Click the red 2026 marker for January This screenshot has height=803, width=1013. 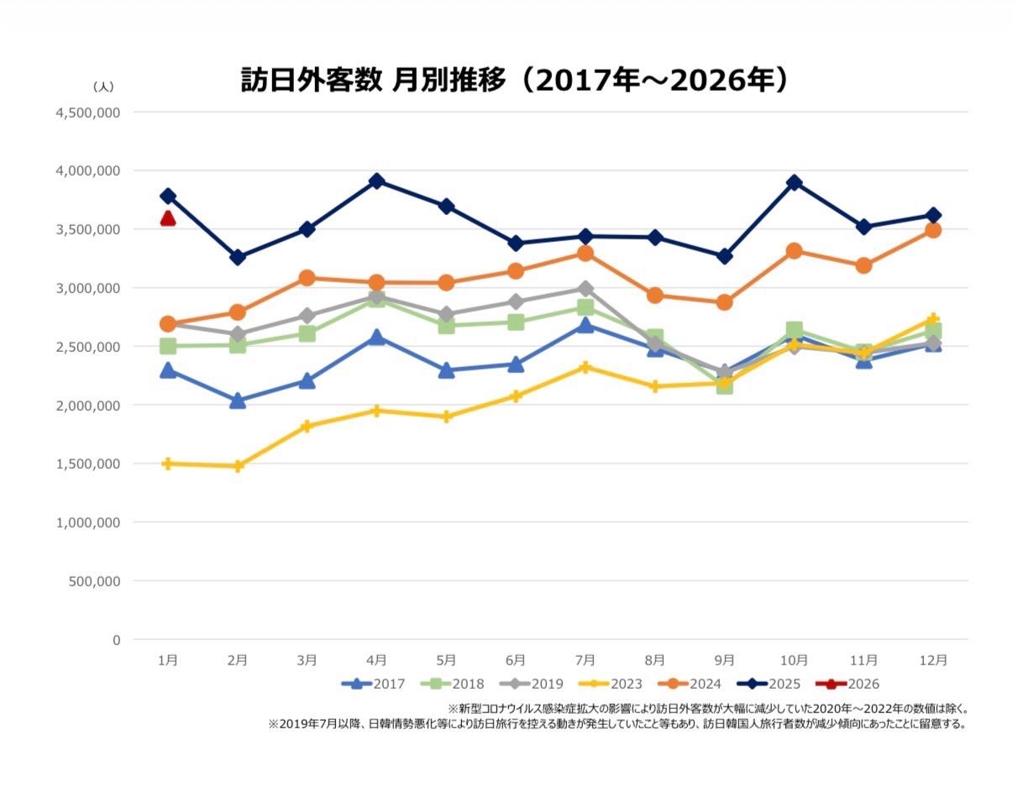point(168,218)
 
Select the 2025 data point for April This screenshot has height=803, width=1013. point(376,181)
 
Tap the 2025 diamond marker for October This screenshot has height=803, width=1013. point(795,182)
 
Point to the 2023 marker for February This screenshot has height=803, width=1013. point(238,466)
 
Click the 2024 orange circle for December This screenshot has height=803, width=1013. point(932,230)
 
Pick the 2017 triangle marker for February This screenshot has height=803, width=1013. point(238,401)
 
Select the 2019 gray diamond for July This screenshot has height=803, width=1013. point(585,289)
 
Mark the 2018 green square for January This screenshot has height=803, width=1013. point(168,346)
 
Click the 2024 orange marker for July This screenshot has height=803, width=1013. point(585,253)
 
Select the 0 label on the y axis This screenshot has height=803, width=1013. point(116,639)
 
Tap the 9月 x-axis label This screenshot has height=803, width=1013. point(725,660)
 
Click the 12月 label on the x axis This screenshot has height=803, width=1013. point(933,660)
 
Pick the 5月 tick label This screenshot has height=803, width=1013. point(446,660)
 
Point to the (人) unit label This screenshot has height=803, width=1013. point(103,86)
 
